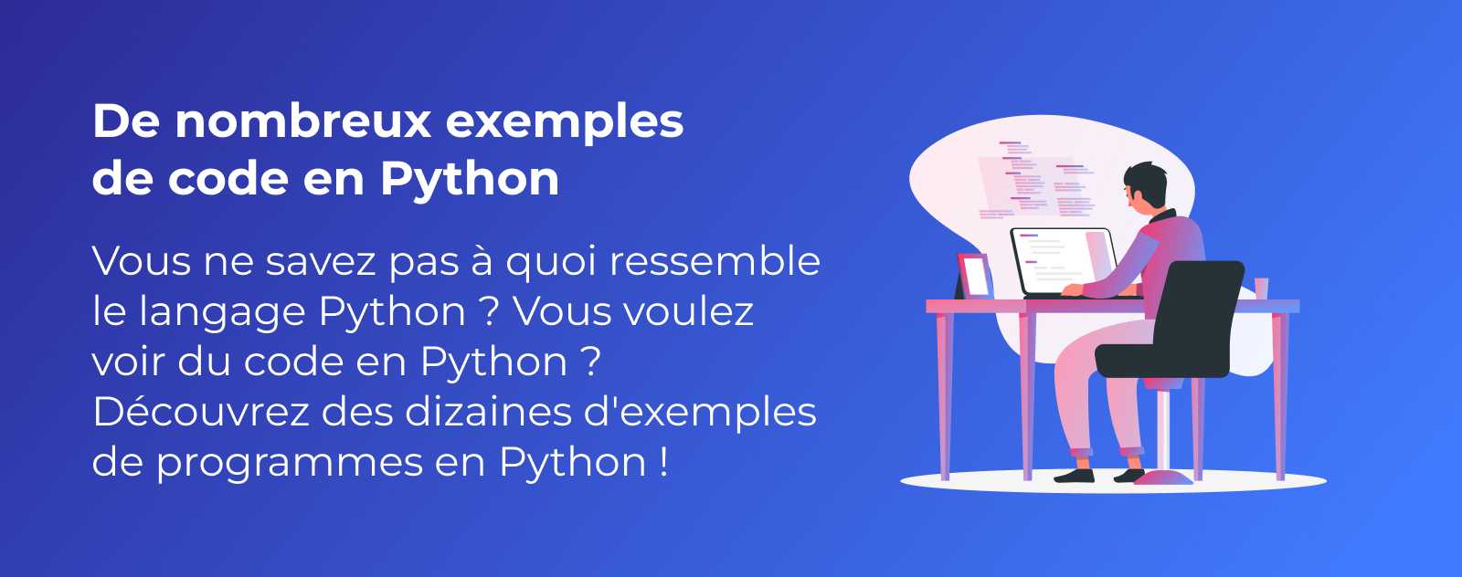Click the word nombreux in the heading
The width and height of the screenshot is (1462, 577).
coord(303,121)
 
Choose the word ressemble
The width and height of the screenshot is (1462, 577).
coord(715,261)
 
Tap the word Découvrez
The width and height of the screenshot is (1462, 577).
coord(200,412)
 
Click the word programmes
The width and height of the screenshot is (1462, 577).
coord(289,465)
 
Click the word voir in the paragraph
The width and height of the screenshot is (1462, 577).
coord(129,362)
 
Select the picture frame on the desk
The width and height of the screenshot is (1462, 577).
coord(975,276)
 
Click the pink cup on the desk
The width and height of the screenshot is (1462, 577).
coord(1261,288)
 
